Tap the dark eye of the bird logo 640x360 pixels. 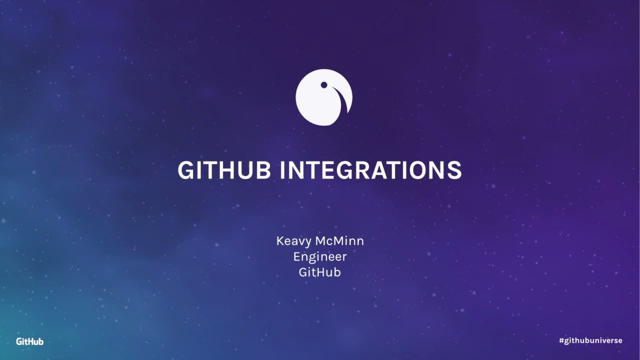pyautogui.click(x=324, y=85)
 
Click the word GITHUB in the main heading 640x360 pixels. pyautogui.click(x=224, y=170)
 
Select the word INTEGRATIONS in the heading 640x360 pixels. pyautogui.click(x=370, y=170)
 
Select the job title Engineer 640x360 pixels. pyautogui.click(x=320, y=256)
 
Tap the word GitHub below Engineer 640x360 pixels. pyautogui.click(x=320, y=272)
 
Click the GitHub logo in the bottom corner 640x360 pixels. pyautogui.click(x=30, y=341)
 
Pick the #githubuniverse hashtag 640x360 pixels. pyautogui.click(x=590, y=340)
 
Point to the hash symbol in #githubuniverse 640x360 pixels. pyautogui.click(x=561, y=340)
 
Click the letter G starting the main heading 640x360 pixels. pyautogui.click(x=185, y=170)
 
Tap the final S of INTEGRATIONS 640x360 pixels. pyautogui.click(x=454, y=170)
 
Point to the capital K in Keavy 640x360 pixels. pyautogui.click(x=280, y=241)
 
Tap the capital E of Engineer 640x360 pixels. pyautogui.click(x=297, y=256)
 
